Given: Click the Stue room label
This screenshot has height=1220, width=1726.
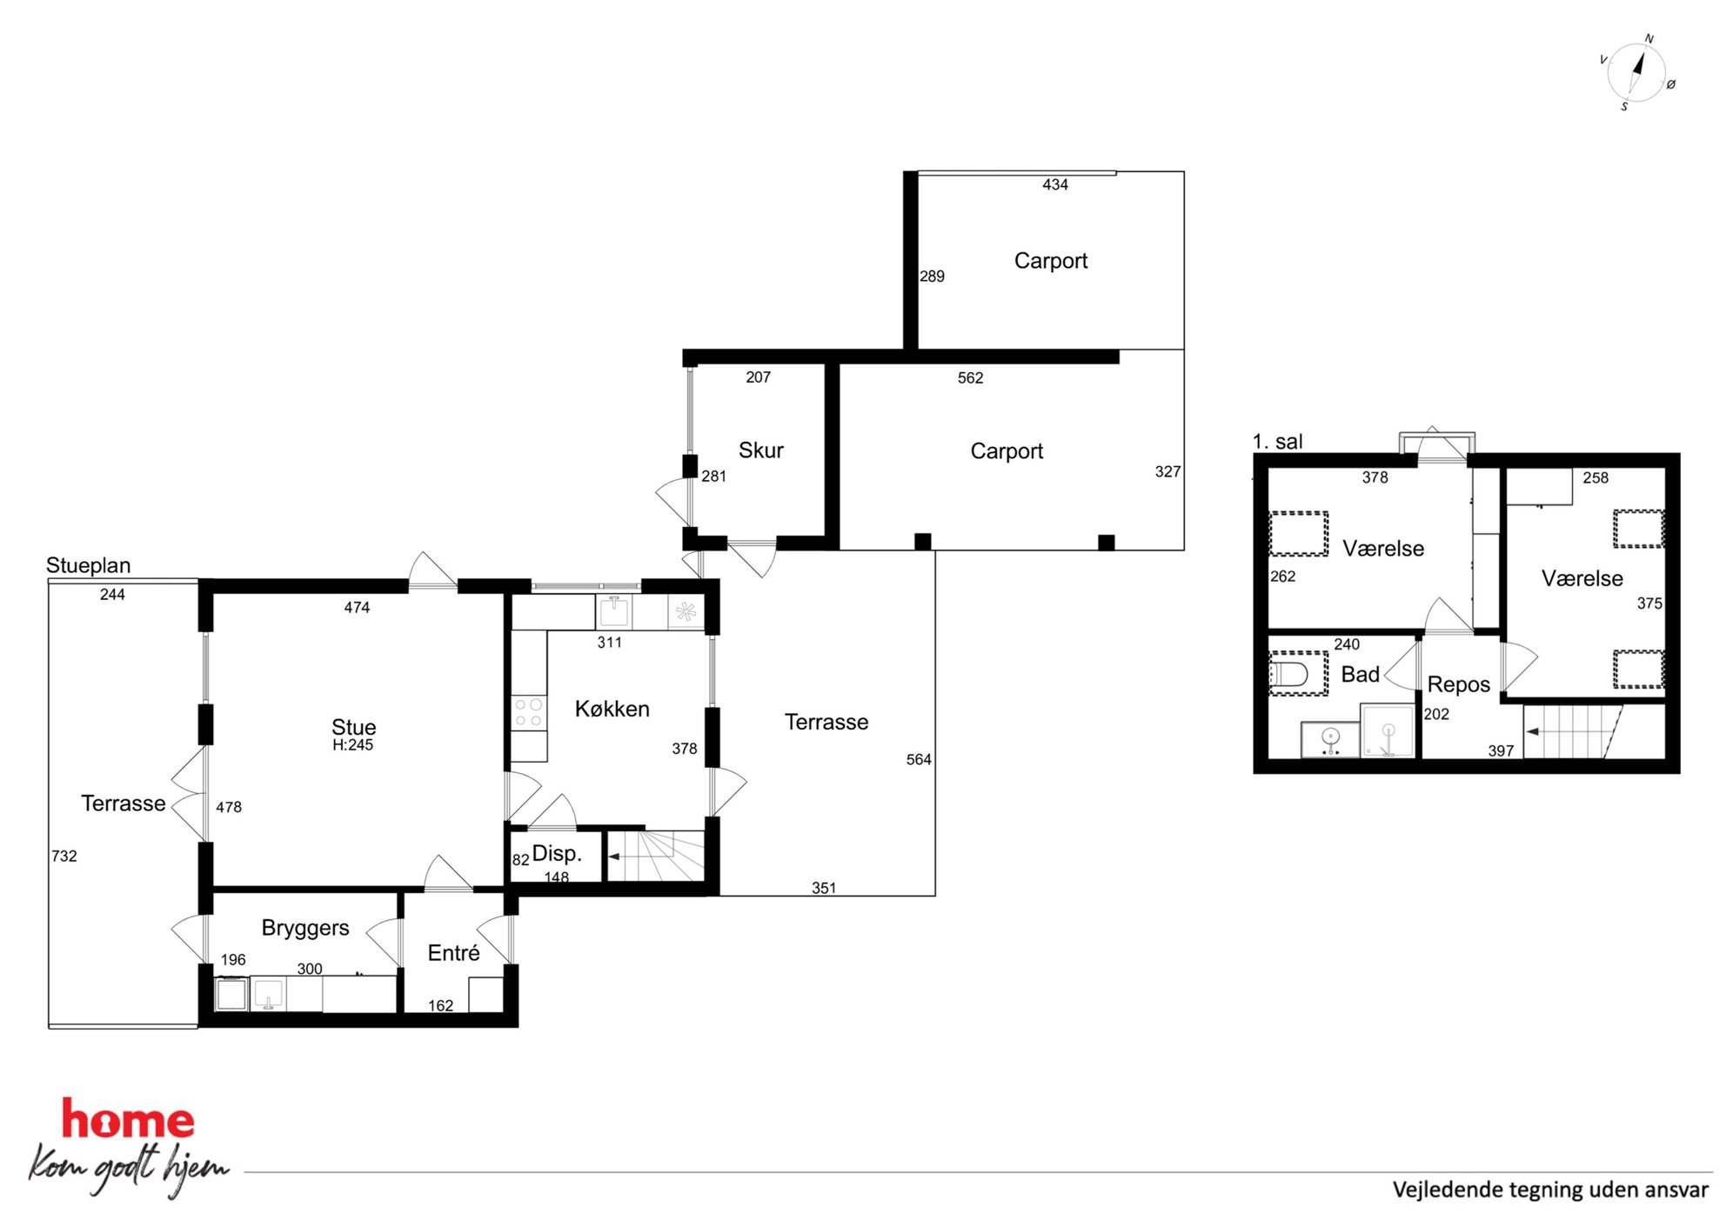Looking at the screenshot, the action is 353,727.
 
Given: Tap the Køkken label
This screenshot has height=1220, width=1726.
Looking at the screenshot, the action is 612,709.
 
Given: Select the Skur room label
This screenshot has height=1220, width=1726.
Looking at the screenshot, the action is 761,450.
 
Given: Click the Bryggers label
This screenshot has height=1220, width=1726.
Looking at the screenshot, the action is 305,929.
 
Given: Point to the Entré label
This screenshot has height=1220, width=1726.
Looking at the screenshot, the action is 453,953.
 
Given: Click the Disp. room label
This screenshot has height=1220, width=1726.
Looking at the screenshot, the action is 557,853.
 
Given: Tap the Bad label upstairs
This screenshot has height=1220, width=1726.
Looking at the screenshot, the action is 1361,675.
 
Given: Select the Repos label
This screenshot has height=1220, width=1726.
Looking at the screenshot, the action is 1459,685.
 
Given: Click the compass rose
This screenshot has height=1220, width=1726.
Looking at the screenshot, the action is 1636,74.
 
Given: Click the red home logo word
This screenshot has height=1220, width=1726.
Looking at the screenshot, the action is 128,1119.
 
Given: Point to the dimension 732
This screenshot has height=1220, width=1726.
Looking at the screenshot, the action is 64,856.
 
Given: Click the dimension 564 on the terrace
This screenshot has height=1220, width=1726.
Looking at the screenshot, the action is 919,759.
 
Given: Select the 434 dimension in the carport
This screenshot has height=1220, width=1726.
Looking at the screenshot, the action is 1055,184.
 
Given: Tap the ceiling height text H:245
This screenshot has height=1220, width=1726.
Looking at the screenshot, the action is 352,745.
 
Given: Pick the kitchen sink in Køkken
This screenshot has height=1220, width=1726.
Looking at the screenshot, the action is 614,610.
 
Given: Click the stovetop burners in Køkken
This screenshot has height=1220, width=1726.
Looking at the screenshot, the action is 528,712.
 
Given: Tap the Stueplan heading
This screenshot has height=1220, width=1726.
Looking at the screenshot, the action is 89,565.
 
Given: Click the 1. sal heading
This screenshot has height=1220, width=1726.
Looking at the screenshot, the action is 1278,442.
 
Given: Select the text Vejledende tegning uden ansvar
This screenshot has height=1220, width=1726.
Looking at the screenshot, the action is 1550,1190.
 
